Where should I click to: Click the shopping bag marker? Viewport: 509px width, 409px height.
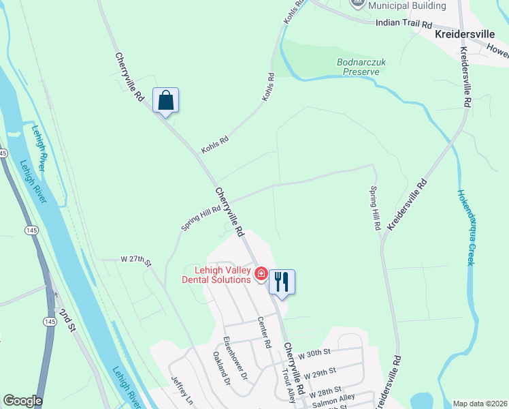point(166,101)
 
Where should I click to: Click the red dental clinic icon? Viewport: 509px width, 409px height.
point(260,274)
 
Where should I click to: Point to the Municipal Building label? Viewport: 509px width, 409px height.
point(407,5)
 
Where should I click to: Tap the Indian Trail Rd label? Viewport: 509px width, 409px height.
point(404,23)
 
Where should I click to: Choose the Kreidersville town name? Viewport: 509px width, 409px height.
point(465,33)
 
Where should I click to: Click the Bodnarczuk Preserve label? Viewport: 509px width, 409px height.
point(361,66)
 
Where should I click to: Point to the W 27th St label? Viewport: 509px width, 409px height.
point(134,259)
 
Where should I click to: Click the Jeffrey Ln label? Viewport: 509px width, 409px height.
point(182,391)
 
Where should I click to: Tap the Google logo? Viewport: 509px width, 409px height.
point(22,401)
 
